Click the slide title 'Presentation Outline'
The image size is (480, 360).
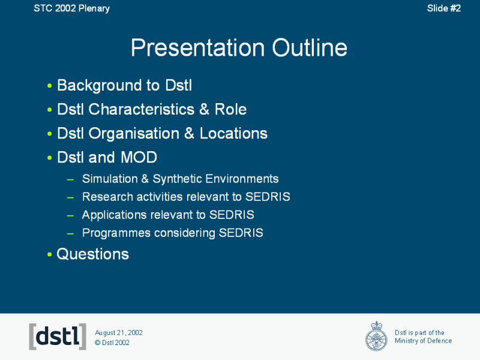click(239, 48)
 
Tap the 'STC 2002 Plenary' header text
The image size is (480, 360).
click(71, 8)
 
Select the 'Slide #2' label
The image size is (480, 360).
click(443, 8)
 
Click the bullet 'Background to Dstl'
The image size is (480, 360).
click(124, 85)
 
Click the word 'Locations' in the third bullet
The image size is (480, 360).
click(233, 133)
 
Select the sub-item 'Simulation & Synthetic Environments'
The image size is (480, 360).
click(180, 179)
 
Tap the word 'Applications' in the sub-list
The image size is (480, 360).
click(110, 215)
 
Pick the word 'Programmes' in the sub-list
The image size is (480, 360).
click(111, 233)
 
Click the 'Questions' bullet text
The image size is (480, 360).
click(92, 254)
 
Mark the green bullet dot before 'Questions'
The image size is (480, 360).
click(49, 255)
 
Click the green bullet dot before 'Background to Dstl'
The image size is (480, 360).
click(49, 86)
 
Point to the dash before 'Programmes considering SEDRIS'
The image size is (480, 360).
click(70, 233)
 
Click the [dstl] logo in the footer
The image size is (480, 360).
click(58, 337)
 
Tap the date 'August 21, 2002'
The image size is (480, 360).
click(119, 332)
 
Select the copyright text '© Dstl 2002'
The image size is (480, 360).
click(112, 343)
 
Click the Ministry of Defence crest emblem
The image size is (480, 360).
click(376, 336)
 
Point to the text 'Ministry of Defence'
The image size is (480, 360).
click(423, 341)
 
